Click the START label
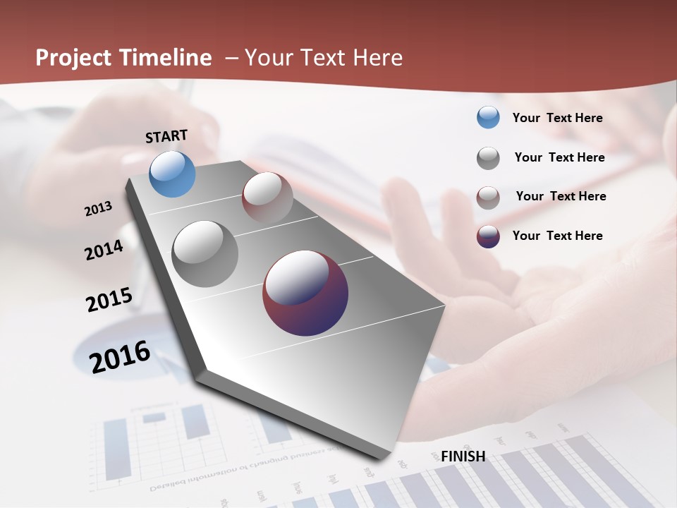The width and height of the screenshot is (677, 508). [166, 136]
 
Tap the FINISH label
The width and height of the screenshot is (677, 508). [463, 456]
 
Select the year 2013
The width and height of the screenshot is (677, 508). [99, 209]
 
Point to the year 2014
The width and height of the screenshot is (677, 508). [104, 250]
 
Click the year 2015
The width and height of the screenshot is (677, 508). [109, 300]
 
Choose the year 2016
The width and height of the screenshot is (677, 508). [120, 357]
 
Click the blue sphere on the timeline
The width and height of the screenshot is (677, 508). [172, 174]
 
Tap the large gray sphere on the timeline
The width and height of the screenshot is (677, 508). [205, 254]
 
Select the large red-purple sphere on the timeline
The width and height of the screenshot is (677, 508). [305, 293]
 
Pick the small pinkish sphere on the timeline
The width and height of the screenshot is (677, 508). [267, 198]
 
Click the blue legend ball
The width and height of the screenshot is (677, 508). [488, 118]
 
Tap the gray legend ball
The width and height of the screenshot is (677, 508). [488, 158]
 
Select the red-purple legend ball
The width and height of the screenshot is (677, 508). [488, 236]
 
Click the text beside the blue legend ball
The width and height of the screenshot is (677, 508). [557, 118]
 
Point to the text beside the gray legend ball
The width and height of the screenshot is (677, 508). [559, 157]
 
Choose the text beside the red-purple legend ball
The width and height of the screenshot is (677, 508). [557, 236]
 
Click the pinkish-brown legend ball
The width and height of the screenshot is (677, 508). [488, 198]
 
